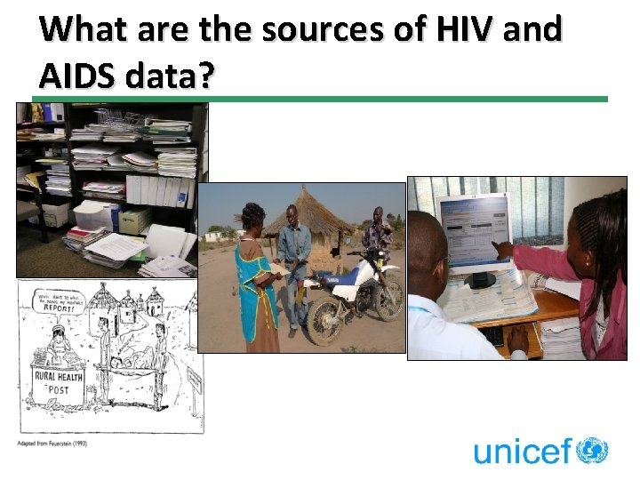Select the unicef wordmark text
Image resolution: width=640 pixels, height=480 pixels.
(523, 451)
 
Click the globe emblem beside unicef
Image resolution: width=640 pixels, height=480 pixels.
(592, 450)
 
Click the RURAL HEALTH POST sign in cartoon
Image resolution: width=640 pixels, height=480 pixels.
(60, 382)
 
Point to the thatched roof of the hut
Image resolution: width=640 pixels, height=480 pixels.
(300, 208)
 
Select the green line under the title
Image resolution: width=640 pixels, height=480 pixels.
(320, 99)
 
